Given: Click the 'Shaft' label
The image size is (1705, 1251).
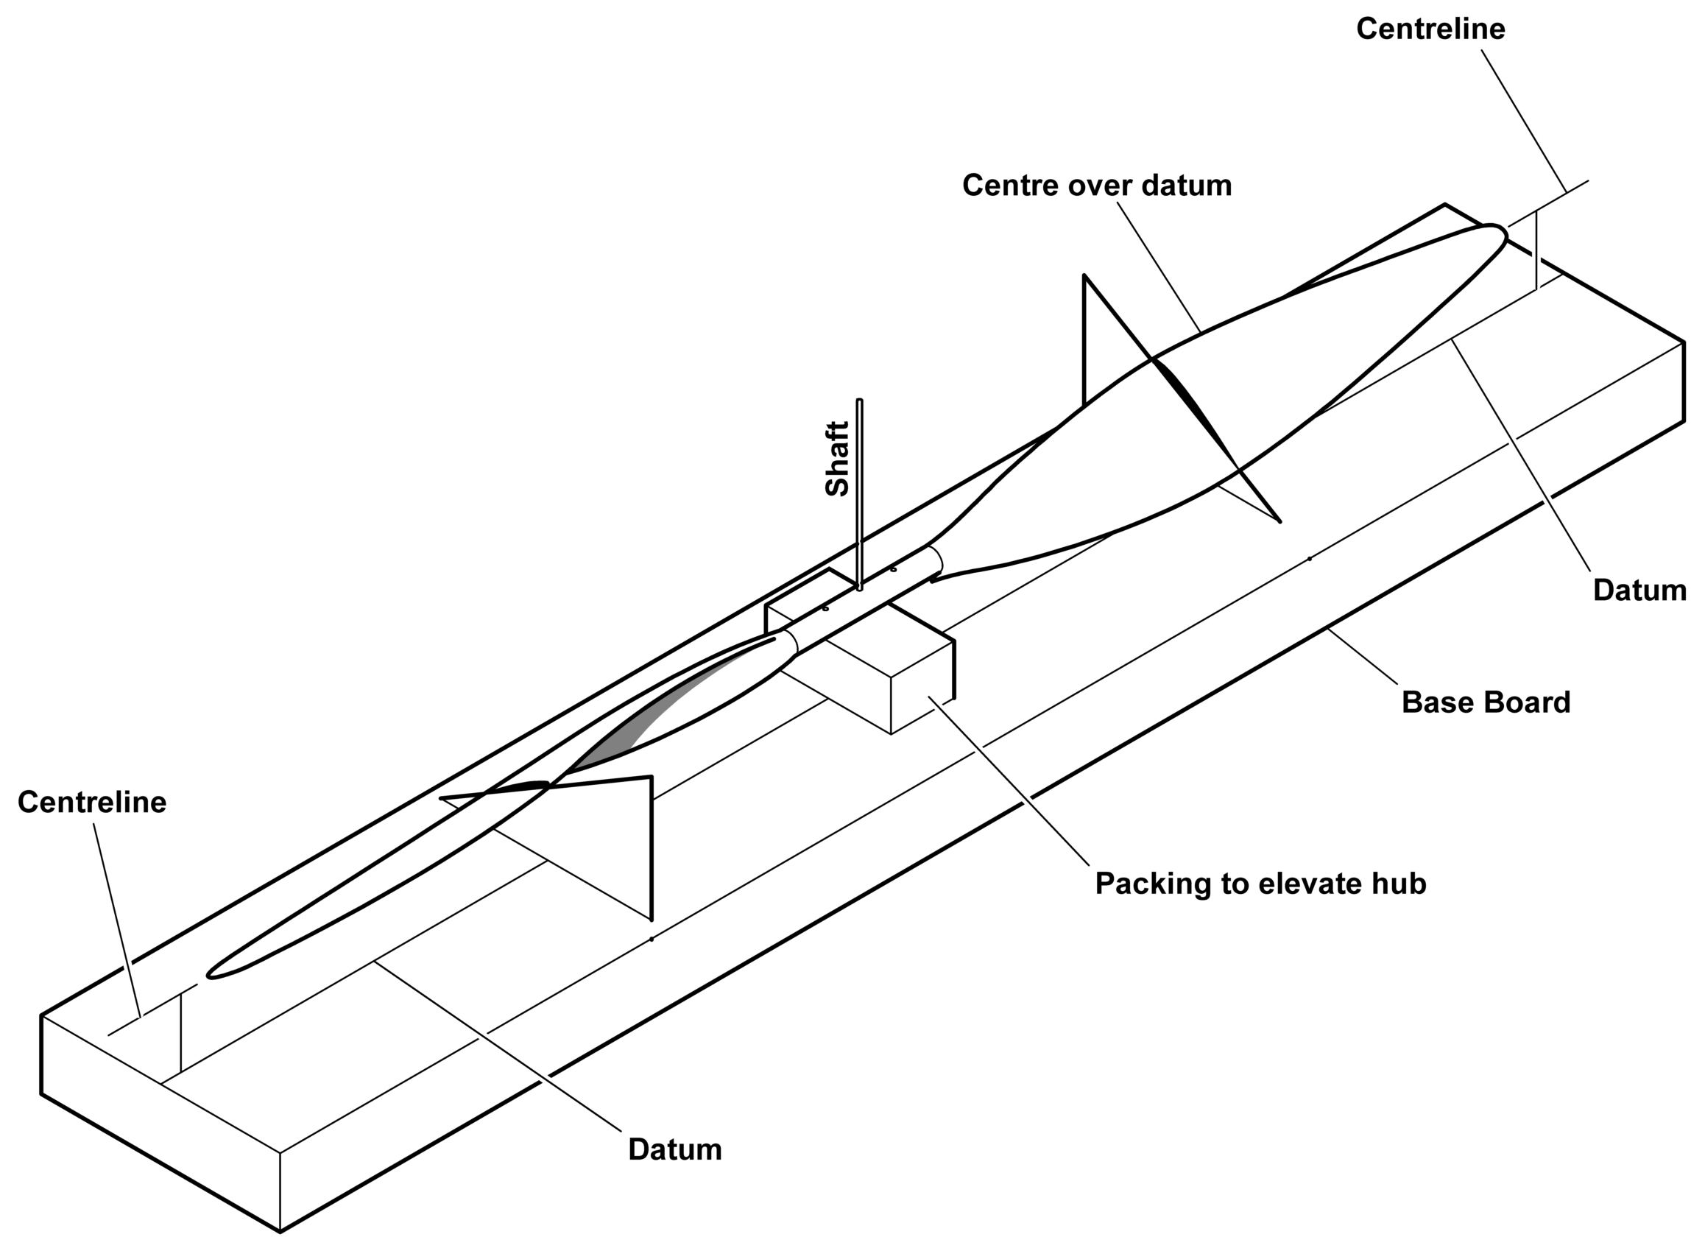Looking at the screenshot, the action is [836, 458].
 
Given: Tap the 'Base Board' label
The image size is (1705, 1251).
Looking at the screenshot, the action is [1486, 702].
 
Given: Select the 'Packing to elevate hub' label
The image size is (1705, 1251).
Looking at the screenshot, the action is [1260, 884].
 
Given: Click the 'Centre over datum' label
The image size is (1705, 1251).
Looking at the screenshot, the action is [1097, 185].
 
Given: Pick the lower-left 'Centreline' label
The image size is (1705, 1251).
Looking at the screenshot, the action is [91, 802].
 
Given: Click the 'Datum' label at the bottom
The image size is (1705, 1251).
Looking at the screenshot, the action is [674, 1149].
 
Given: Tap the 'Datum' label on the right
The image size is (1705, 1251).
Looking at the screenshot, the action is [1639, 590].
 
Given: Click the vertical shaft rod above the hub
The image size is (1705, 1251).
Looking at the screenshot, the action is [859, 495].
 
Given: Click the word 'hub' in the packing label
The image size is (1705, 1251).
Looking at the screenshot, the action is [1402, 884].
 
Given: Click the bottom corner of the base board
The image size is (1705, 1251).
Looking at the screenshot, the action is [280, 1232].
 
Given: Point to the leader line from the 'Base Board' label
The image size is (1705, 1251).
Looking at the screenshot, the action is [1363, 657].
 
